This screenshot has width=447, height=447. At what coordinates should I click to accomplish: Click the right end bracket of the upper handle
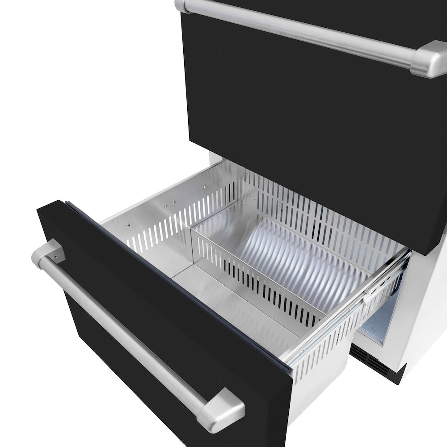click(x=431, y=58)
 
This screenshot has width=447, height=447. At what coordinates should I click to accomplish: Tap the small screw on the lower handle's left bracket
click(x=56, y=258)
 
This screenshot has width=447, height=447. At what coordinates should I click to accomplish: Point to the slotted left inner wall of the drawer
click(x=174, y=215)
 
